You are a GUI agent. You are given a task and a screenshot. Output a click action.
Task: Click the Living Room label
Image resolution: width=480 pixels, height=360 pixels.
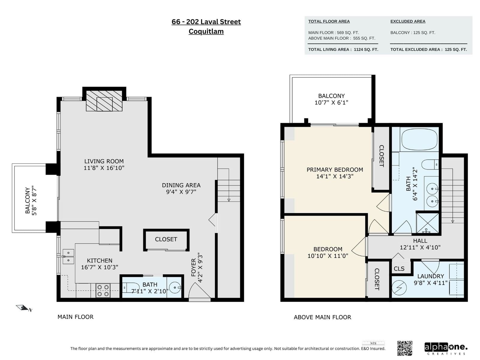coord(104,161)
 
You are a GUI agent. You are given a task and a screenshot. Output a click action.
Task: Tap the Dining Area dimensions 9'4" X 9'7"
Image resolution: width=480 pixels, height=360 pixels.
coord(181,192)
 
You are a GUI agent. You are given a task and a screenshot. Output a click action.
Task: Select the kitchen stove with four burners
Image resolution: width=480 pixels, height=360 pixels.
coord(103,290)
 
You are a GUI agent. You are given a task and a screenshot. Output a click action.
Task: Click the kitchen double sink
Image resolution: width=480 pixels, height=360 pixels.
coord(68,256)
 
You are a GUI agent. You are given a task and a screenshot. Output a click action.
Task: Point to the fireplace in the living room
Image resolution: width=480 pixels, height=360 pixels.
coord(104,101)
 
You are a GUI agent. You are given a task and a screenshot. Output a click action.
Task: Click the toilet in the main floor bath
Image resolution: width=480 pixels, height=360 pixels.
coord(130,287)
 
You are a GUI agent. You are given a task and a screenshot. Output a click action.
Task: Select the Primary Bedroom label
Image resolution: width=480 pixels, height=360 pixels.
coord(335,169)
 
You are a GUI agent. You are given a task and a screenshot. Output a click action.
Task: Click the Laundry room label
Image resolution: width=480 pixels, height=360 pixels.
coord(430,276)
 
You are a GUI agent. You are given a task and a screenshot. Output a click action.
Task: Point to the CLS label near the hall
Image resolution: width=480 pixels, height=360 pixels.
coord(399,268)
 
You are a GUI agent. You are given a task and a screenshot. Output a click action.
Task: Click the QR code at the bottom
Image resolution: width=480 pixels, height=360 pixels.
coord(405,348)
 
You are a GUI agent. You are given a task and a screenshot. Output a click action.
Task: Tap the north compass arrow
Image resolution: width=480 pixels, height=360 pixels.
coord(22,308)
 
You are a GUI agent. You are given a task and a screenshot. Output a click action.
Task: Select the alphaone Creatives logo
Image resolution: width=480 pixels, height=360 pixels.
coord(446,349)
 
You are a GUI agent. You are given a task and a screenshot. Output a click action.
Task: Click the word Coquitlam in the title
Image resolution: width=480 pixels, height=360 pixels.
coord(206,31)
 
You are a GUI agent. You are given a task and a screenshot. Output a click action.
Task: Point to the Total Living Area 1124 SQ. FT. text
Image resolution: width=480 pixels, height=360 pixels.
coord(343,49)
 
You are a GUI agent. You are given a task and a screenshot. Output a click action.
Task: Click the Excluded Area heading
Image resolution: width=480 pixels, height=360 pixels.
coord(408,21)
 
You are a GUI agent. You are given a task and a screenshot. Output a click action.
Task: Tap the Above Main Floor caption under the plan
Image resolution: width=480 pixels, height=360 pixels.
coord(322,317)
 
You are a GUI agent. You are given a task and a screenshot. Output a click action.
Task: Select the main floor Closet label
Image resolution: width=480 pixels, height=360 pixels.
coord(166,239)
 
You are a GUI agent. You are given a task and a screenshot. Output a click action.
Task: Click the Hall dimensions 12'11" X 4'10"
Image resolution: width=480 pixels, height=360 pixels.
coord(420,247)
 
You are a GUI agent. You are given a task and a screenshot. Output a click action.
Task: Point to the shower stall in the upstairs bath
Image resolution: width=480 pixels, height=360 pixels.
coord(427,223)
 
